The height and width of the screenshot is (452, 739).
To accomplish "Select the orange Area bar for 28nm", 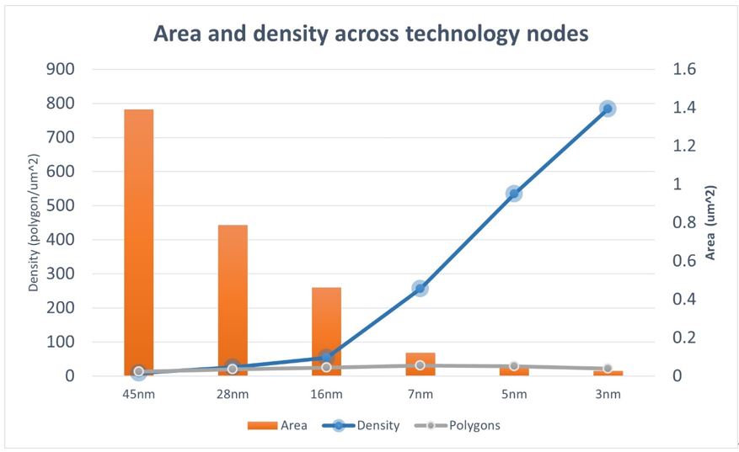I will pyautogui.click(x=233, y=295).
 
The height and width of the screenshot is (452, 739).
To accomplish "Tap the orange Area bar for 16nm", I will pyautogui.click(x=326, y=320).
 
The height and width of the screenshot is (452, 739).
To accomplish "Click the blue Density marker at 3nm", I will pyautogui.click(x=607, y=109).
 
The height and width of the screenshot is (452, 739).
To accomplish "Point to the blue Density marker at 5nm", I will pyautogui.click(x=513, y=194).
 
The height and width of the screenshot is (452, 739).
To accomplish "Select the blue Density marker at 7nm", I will pyautogui.click(x=420, y=289).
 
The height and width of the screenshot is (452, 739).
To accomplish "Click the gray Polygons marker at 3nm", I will pyautogui.click(x=607, y=369).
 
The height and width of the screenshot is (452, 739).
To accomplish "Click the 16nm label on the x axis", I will pyautogui.click(x=326, y=394).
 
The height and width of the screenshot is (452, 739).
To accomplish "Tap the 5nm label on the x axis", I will pyautogui.click(x=513, y=394).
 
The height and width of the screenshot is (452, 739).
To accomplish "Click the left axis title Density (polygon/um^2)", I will pyautogui.click(x=34, y=223).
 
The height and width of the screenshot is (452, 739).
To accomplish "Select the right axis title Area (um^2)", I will pyautogui.click(x=710, y=223).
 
